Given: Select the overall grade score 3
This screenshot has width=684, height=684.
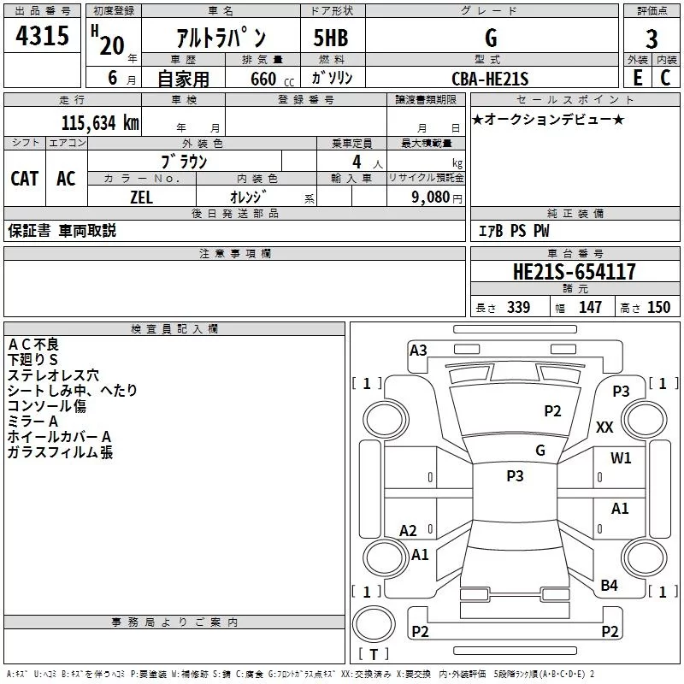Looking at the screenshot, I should pos(652,39).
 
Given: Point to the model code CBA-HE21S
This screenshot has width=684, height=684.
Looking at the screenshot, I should pos(490,80).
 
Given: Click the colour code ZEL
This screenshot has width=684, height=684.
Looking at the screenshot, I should pos(142,197).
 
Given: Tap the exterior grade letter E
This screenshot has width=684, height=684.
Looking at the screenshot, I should pos(637,78).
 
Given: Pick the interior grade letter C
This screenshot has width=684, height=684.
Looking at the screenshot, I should pos(665,78).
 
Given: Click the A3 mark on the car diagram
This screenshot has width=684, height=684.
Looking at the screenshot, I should pos(418,350).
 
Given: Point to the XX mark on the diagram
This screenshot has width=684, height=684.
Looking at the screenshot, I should pos(604,427).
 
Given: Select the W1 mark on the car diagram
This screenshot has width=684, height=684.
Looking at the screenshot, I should pos(621,458).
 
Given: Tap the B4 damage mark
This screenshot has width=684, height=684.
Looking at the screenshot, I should pos(609,586).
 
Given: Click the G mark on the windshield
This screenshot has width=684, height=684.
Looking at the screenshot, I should pos(540,451).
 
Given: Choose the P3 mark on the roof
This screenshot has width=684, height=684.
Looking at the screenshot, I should pos(515,476).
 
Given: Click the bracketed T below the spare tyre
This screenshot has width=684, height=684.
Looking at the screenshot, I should pos(374,655).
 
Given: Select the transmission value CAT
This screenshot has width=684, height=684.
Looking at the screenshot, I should pos(24,178).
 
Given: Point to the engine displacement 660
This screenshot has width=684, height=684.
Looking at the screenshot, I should pos(263,80).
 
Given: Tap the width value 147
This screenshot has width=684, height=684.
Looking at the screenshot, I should pos(590,308).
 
